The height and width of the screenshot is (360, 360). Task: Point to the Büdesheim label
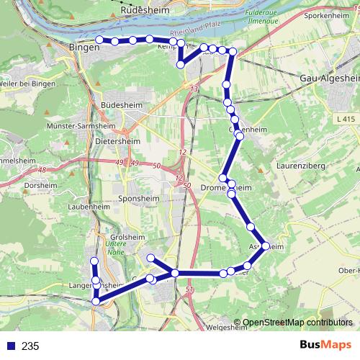[122, 105]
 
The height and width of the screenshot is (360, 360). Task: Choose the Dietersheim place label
[117, 142]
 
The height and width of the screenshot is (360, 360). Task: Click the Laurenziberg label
[301, 166]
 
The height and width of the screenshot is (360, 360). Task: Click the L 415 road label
[345, 117]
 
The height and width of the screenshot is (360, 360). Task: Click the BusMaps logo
[325, 346]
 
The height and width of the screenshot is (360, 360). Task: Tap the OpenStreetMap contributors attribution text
[297, 323]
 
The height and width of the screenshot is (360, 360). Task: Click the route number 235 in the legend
[30, 346]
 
